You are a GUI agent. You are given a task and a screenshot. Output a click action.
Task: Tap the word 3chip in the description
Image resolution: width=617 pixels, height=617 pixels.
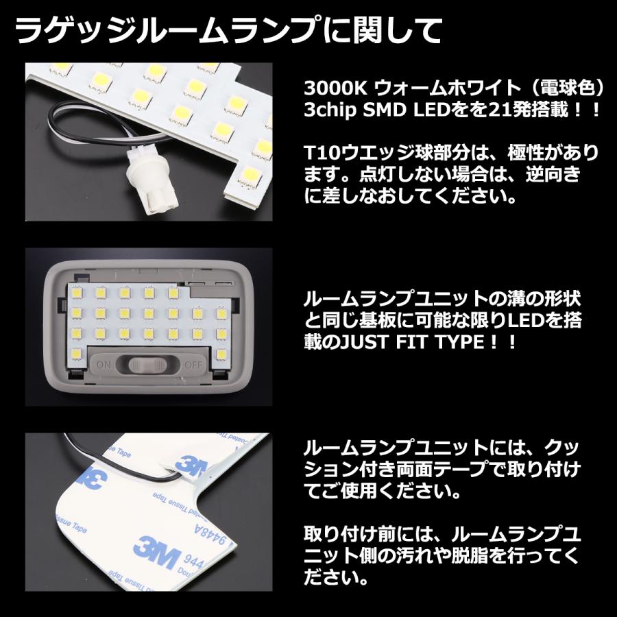[335, 110]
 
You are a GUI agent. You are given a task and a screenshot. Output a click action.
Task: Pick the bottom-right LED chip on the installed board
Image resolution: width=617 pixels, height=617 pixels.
[221, 354]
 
